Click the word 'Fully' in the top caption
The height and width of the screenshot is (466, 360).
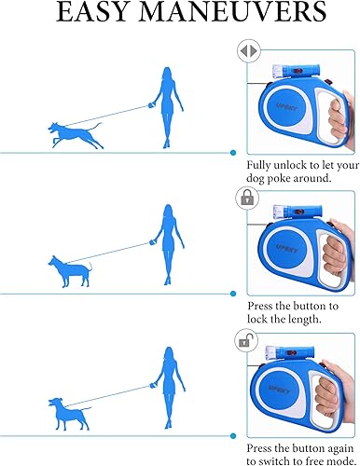click(262, 163)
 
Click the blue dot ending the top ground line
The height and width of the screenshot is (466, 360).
click(232, 152)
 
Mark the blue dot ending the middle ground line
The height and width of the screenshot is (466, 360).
click(232, 293)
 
